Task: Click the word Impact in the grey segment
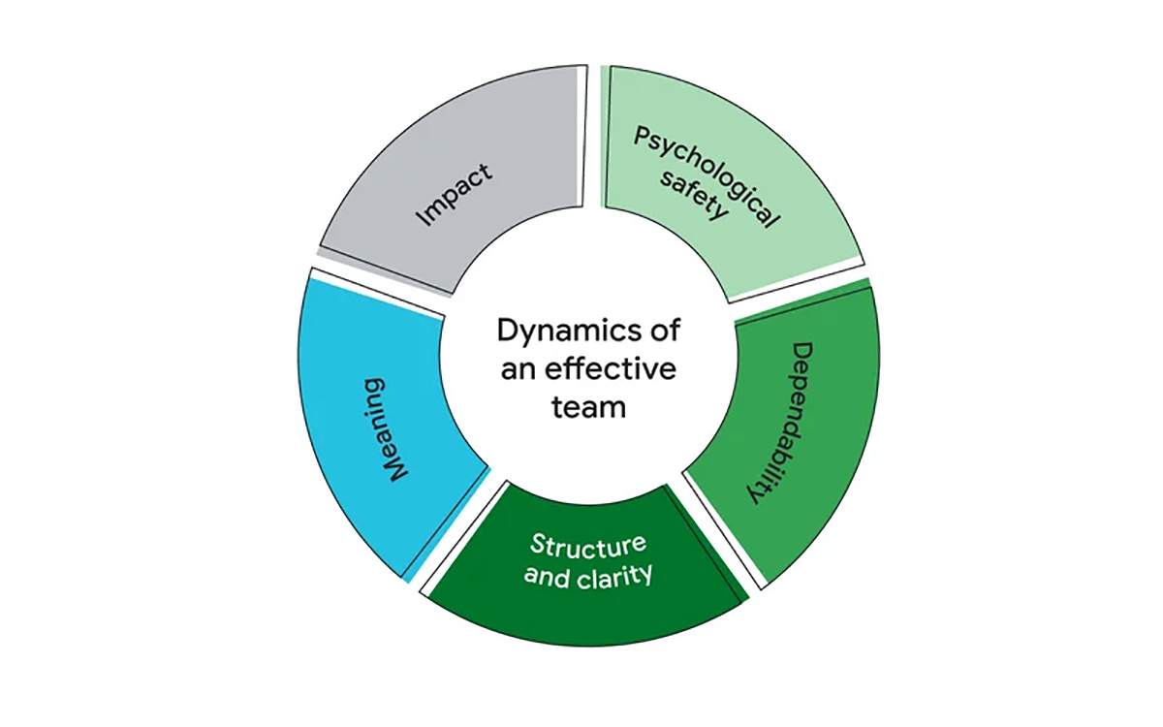point(454,195)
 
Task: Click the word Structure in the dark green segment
point(585,549)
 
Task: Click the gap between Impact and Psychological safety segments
point(592,136)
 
